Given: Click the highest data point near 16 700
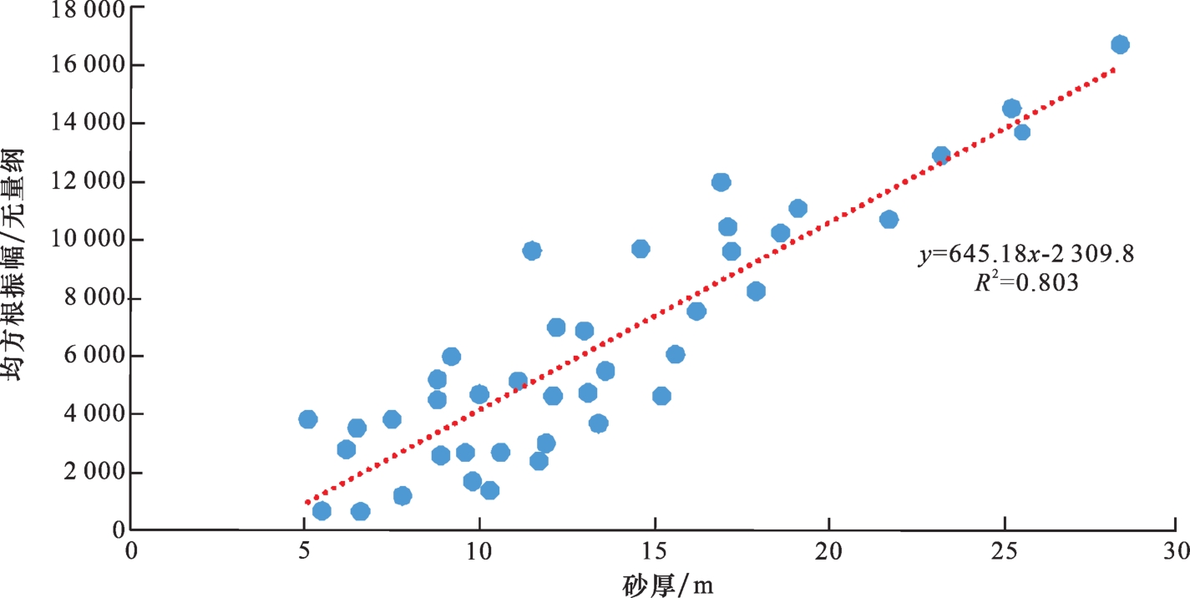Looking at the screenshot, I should point(1120,44).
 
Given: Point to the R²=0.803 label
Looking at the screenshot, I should point(1026,283).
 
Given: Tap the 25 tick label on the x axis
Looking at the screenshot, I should point(1003,551).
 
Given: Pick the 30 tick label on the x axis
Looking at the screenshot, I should point(1176,551).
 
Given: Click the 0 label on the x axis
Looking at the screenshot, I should point(131,551).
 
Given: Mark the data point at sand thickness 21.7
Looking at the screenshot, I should point(889,219).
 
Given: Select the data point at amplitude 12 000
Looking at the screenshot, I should point(721,182).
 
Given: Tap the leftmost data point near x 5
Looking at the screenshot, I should point(307,419).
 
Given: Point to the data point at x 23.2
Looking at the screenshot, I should point(941,155).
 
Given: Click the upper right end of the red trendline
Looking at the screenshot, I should point(1113,70).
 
